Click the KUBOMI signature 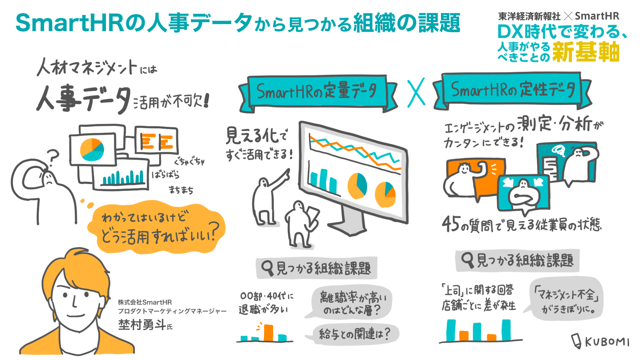point(602,342)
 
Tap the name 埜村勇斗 point(142,324)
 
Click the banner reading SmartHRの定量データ point(317,91)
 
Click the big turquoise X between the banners point(416,92)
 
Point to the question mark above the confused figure point(53,157)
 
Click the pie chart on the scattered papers point(92,149)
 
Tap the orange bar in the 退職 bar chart point(268,332)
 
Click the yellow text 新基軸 point(586,52)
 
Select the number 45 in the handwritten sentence point(451,224)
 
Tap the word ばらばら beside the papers point(166,175)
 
